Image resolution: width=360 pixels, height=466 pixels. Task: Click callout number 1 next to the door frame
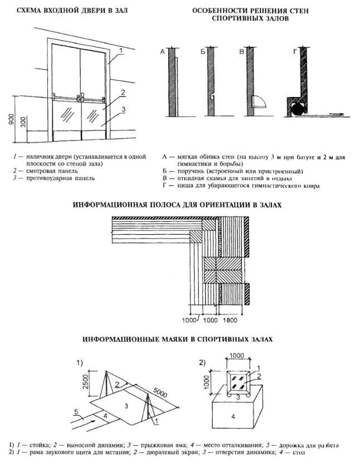(x=121, y=50)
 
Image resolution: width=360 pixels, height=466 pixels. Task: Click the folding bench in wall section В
(x=258, y=101)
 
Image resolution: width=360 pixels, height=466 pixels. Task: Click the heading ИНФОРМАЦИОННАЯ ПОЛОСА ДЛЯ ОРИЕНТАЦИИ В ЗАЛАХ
(x=178, y=205)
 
